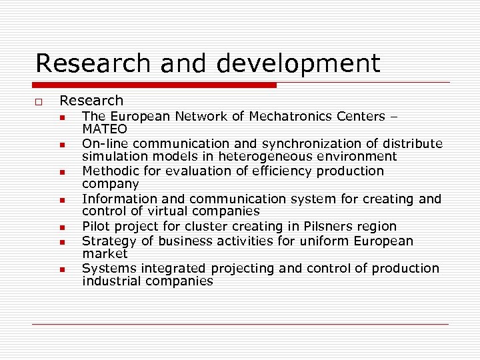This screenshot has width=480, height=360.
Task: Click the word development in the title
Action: click(297, 64)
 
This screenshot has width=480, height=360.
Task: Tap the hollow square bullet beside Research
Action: click(39, 101)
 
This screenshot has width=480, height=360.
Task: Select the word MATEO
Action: click(104, 129)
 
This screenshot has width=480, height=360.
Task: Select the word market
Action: click(105, 254)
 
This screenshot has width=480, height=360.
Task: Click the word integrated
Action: click(175, 269)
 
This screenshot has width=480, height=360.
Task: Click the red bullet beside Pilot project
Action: click(61, 227)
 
